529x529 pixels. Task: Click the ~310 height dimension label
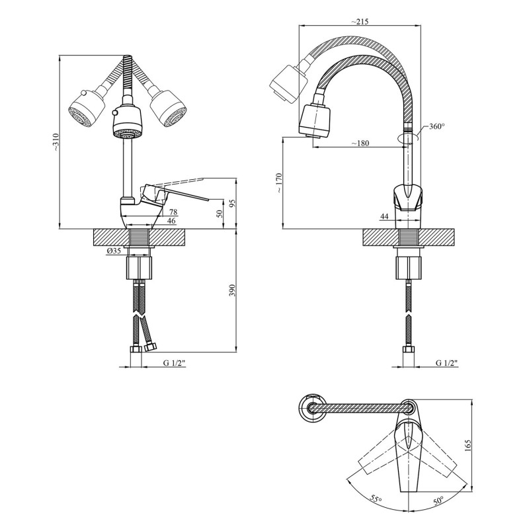point(56,142)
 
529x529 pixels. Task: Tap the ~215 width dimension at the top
point(360,21)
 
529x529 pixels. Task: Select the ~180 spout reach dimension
point(360,143)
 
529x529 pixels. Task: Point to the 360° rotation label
point(437,126)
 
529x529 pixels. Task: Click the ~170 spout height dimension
point(279,183)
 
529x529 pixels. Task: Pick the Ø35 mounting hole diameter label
point(114,251)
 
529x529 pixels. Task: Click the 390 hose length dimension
point(231,290)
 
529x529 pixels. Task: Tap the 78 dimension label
point(173,212)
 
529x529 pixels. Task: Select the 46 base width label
point(171,221)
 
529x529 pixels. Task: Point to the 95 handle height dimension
point(232,203)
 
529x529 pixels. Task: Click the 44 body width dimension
point(384,217)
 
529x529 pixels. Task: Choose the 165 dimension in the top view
point(468,445)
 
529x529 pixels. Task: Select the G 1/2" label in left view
point(175,363)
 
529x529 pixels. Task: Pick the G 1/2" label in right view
point(447,363)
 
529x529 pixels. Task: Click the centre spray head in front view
point(127,122)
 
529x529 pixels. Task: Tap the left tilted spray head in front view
point(87,108)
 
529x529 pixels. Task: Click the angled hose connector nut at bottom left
point(149,346)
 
